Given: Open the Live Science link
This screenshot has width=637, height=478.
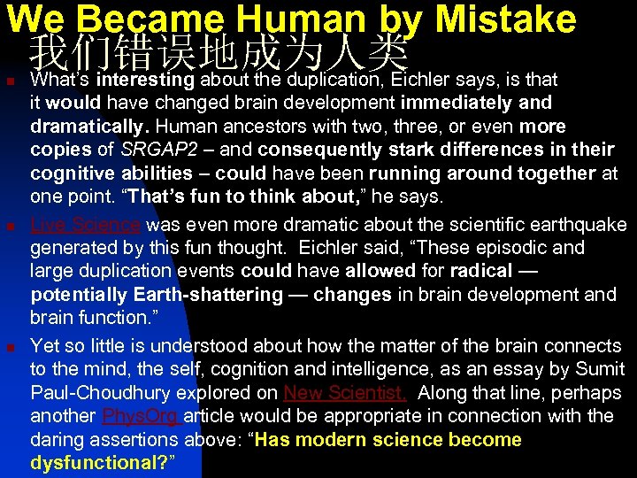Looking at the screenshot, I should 86,225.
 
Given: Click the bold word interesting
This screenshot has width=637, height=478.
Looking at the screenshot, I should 146,80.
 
